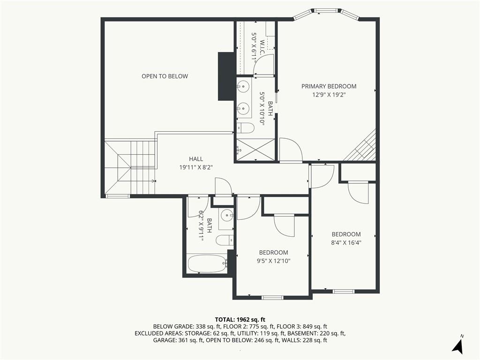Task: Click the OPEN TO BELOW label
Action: pyautogui.click(x=165, y=76)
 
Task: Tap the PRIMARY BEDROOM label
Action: pyautogui.click(x=329, y=86)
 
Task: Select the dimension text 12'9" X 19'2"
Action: pyautogui.click(x=329, y=95)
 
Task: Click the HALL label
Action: pyautogui.click(x=196, y=159)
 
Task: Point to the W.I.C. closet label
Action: pyautogui.click(x=262, y=47)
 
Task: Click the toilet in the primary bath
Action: pyautogui.click(x=246, y=128)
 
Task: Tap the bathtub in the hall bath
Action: pyautogui.click(x=207, y=263)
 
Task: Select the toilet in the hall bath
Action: pyautogui.click(x=225, y=240)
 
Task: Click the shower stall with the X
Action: pyautogui.click(x=255, y=150)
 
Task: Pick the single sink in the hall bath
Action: pyautogui.click(x=226, y=216)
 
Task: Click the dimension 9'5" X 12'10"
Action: pyautogui.click(x=273, y=261)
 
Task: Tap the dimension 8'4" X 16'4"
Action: pyautogui.click(x=346, y=243)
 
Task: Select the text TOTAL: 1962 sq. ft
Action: pyautogui.click(x=240, y=320)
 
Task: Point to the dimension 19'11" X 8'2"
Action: pyautogui.click(x=196, y=167)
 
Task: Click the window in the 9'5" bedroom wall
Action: pyautogui.click(x=272, y=297)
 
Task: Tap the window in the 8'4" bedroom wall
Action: pyautogui.click(x=344, y=292)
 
